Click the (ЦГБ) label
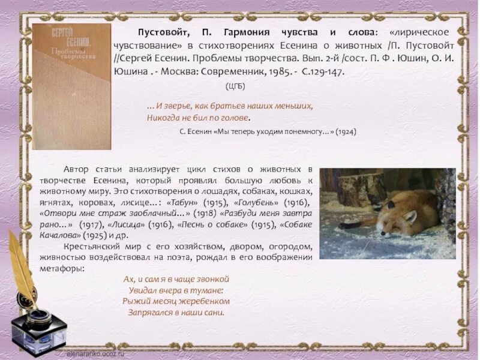point(235,86)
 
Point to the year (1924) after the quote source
point(346,132)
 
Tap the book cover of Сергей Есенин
point(71,86)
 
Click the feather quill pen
point(24,264)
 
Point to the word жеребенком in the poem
point(205,301)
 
